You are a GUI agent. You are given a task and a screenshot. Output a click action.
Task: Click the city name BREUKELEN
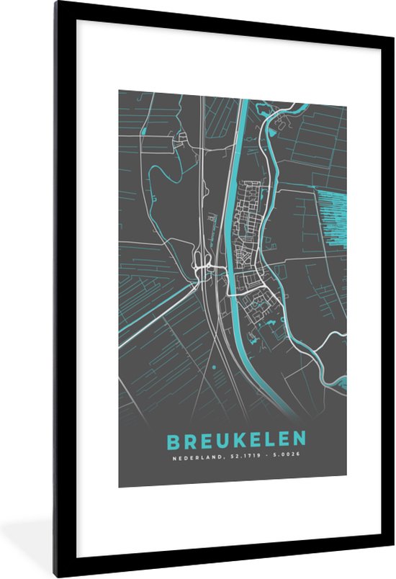click(236, 439)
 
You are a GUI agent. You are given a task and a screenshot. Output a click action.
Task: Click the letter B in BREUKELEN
click(174, 439)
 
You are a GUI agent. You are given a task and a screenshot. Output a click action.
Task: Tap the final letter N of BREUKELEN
click(299, 439)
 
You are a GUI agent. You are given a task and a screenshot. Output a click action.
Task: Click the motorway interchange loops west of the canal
click(201, 267)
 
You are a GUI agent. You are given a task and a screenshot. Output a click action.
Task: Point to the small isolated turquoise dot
click(215, 367)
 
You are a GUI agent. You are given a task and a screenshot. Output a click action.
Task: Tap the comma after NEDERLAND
click(220, 458)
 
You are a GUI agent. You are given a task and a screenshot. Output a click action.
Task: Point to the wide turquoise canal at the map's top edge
click(244, 97)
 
